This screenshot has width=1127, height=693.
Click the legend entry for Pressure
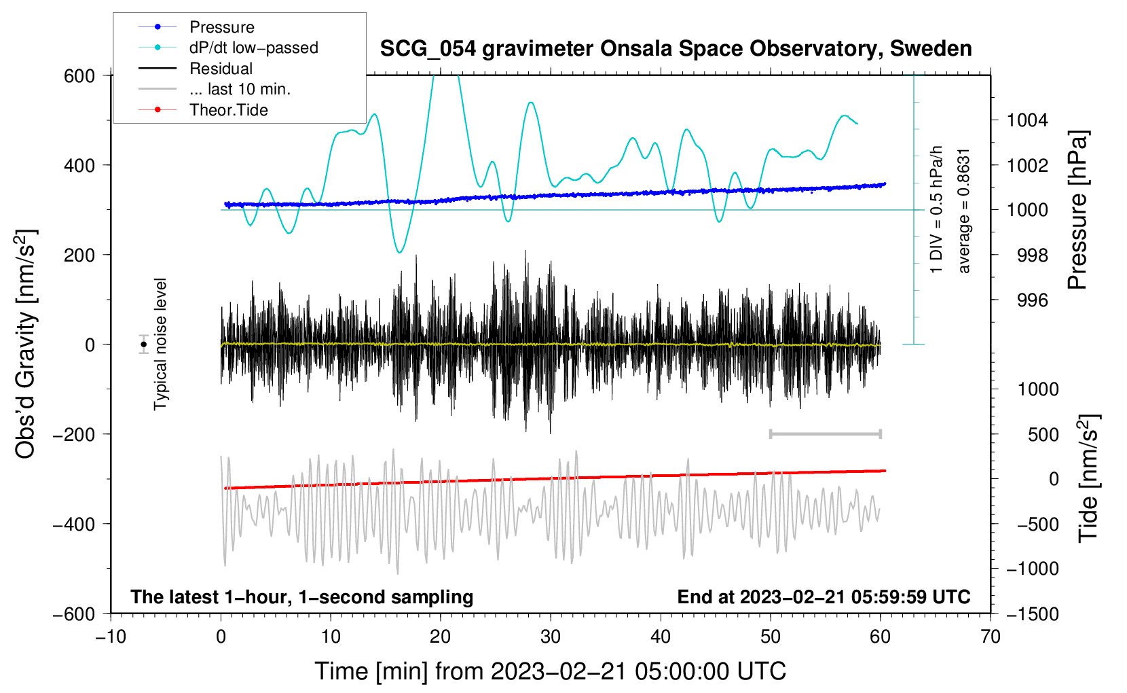221,27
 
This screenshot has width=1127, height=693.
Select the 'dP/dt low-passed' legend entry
253,48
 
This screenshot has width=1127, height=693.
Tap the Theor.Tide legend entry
228,110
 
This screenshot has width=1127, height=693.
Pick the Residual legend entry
221,69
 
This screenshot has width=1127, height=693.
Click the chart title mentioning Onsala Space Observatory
676,49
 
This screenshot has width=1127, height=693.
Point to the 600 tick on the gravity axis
79,75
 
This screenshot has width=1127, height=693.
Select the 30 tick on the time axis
551,637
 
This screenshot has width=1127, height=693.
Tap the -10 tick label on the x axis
111,637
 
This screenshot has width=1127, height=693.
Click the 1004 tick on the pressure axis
1027,120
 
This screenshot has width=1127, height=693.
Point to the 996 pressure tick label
1033,300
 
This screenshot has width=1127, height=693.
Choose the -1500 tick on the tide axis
1032,614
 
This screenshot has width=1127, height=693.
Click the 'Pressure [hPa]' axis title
1078,211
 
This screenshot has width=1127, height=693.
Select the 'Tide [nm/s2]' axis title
1088,478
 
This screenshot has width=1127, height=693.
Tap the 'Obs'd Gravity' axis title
26,344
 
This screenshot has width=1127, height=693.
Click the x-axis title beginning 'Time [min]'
550,671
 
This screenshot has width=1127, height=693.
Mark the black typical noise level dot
144,344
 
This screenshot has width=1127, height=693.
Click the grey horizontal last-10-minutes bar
825,433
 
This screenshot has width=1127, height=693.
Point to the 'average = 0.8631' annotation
964,211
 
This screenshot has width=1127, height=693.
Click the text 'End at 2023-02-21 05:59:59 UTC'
824,597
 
